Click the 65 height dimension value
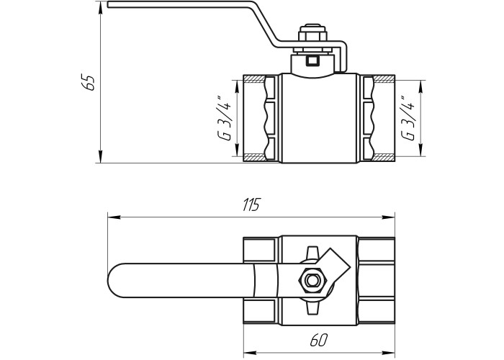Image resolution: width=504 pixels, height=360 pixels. click(x=88, y=82)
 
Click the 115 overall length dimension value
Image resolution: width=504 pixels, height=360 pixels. click(x=251, y=204)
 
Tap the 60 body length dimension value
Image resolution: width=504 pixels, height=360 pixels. click(x=319, y=340)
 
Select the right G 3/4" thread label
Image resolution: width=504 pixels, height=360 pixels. click(x=407, y=118)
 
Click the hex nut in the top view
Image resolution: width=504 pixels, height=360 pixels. click(x=312, y=280)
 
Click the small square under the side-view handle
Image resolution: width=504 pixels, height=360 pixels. click(x=312, y=60)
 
